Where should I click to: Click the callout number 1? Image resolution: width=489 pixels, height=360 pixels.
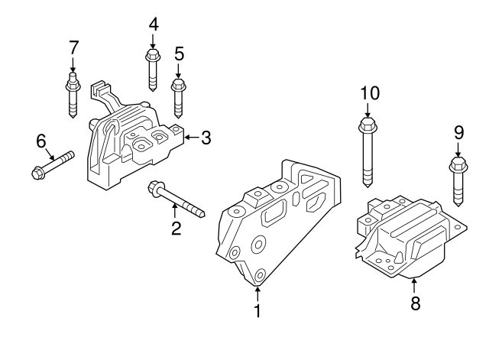tap(257, 311)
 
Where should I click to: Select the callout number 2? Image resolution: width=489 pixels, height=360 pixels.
tap(176, 229)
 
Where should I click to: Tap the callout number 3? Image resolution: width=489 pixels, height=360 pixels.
tap(206, 138)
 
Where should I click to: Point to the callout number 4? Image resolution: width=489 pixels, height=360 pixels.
tap(153, 24)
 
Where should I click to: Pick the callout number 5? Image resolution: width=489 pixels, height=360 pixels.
tap(179, 53)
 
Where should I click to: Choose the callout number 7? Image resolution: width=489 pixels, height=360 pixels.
tap(73, 47)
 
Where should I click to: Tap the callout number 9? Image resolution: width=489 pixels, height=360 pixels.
tap(458, 132)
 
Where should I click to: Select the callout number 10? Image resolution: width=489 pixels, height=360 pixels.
tap(369, 93)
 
